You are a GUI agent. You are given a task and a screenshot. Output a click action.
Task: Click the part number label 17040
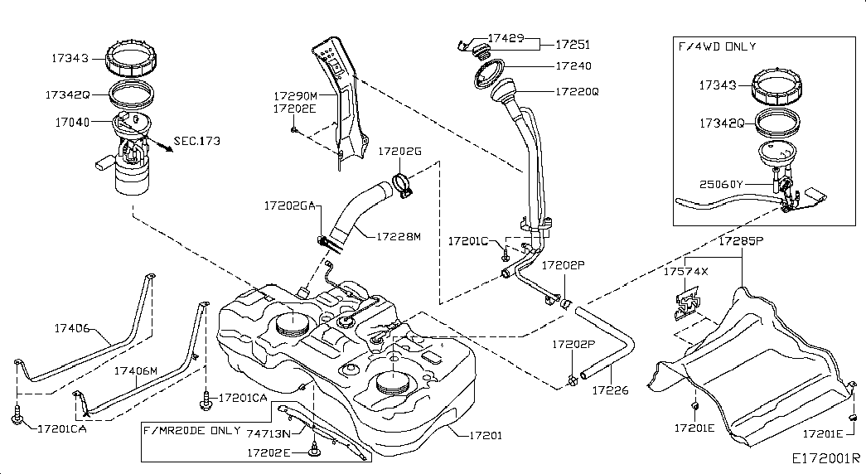coord(72,122)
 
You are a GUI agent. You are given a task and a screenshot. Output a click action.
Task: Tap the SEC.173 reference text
coord(196,142)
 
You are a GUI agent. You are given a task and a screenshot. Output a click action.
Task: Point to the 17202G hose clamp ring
coord(401,184)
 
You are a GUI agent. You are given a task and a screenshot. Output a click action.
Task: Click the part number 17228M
coord(399,236)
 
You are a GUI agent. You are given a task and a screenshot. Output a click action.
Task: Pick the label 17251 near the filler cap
coord(573,44)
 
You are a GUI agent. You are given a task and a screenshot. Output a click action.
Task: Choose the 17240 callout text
coord(573,65)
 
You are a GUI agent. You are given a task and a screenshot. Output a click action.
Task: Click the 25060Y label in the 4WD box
coord(721,182)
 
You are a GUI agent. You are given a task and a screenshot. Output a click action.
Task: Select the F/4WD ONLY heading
coord(717,46)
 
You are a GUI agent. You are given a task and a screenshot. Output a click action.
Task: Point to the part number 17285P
coord(740,242)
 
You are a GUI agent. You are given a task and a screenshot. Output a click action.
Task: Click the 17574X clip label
coord(685,271)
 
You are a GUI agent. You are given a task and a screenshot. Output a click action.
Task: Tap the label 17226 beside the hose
coord(609,388)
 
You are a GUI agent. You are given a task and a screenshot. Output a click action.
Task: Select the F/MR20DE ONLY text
coord(192,432)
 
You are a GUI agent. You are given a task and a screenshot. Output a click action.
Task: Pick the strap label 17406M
coord(135,370)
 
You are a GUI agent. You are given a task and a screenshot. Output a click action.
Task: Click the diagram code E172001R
coord(825,457)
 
